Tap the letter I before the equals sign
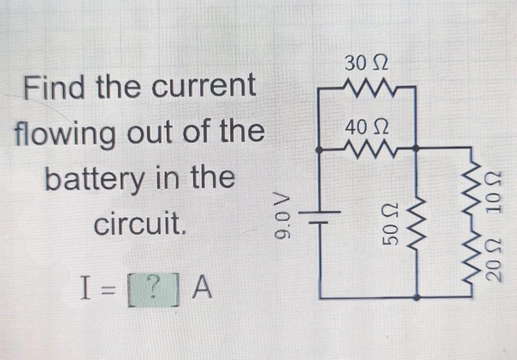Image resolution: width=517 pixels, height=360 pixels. click(x=88, y=289)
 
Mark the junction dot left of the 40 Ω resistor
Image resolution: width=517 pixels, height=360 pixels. click(x=320, y=152)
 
